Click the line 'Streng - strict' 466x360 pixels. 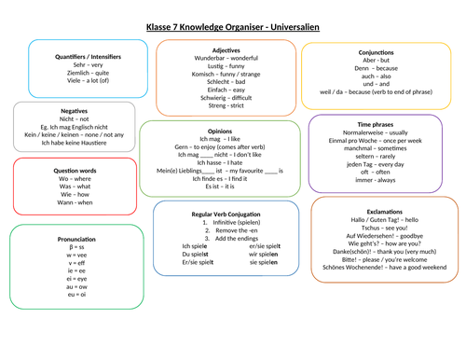click(226, 107)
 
